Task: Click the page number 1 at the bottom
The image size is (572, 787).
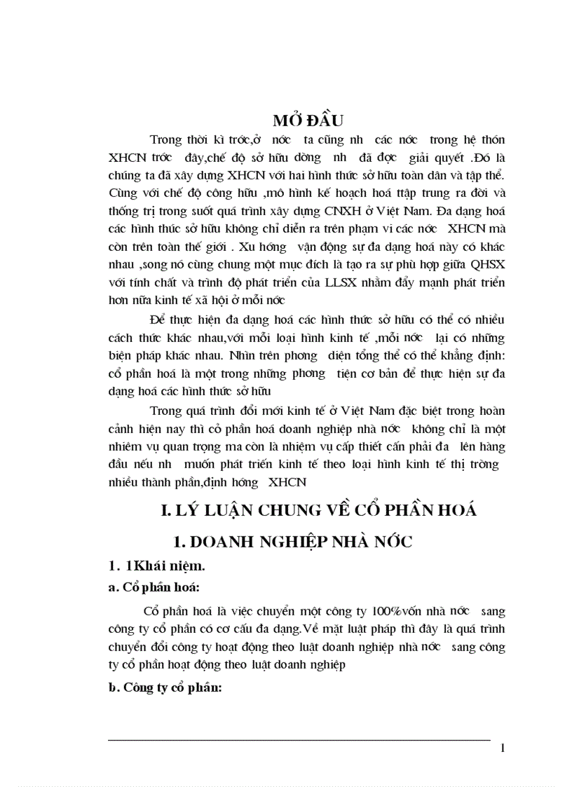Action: (503, 748)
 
